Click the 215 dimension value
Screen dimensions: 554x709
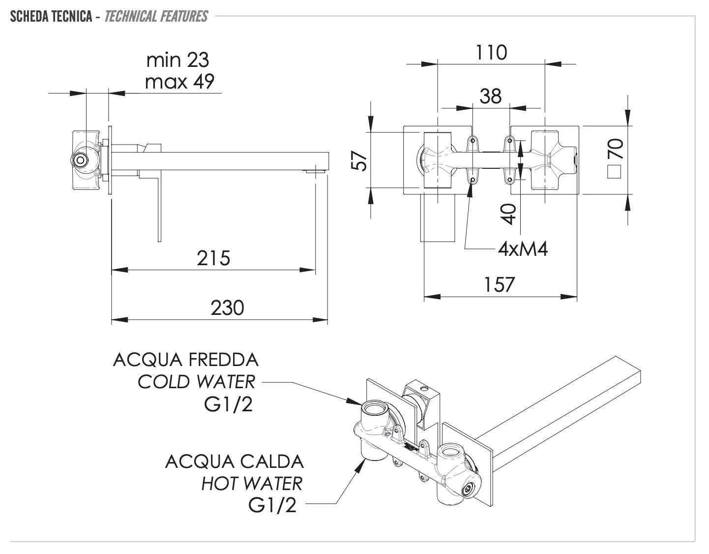pos(213,258)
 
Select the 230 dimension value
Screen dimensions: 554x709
pos(227,308)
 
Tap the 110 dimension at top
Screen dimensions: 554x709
pos(491,52)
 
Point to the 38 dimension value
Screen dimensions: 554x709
pos(491,96)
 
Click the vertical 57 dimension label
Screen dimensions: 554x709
pos(361,160)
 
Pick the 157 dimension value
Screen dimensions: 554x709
pos(500,285)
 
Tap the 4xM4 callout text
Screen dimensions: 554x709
pos(523,249)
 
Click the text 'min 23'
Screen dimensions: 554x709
pos(178,60)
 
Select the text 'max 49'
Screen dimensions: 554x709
pos(180,82)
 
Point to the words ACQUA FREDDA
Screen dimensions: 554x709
pos(185,360)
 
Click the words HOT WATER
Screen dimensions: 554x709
pos(252,484)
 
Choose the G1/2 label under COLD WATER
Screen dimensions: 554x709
pos(228,404)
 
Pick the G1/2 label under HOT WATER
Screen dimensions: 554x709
pos(273,505)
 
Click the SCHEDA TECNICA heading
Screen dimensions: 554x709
pos(51,17)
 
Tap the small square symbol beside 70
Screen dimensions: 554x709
pos(615,173)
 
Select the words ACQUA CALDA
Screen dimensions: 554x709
pos(235,462)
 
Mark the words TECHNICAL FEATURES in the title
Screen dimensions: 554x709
pos(156,17)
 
